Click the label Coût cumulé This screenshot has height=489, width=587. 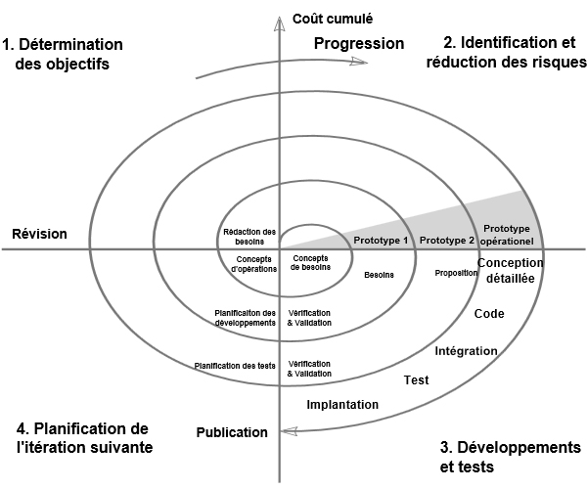[x=333, y=19]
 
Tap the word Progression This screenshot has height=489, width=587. [x=359, y=44]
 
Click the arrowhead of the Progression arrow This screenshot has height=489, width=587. [x=359, y=62]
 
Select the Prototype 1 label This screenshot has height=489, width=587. [x=381, y=241]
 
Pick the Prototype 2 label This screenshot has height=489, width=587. [x=447, y=241]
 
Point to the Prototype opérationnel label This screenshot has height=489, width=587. [x=507, y=235]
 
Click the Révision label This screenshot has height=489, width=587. [x=39, y=234]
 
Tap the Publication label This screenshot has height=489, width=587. [x=232, y=432]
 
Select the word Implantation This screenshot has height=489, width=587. [x=342, y=405]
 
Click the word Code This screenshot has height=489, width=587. [x=489, y=314]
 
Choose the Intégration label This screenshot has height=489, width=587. [x=466, y=351]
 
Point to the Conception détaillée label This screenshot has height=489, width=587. [x=511, y=271]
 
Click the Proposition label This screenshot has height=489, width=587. [x=456, y=273]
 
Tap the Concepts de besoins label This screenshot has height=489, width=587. [x=310, y=263]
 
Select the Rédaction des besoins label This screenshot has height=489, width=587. [x=249, y=237]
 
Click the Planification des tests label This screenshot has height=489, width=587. [x=235, y=366]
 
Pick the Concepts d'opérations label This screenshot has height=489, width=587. [x=253, y=264]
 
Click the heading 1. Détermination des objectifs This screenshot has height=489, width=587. [x=63, y=54]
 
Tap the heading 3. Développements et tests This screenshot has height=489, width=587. [x=511, y=457]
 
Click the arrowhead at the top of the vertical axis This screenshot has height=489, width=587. [x=279, y=23]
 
